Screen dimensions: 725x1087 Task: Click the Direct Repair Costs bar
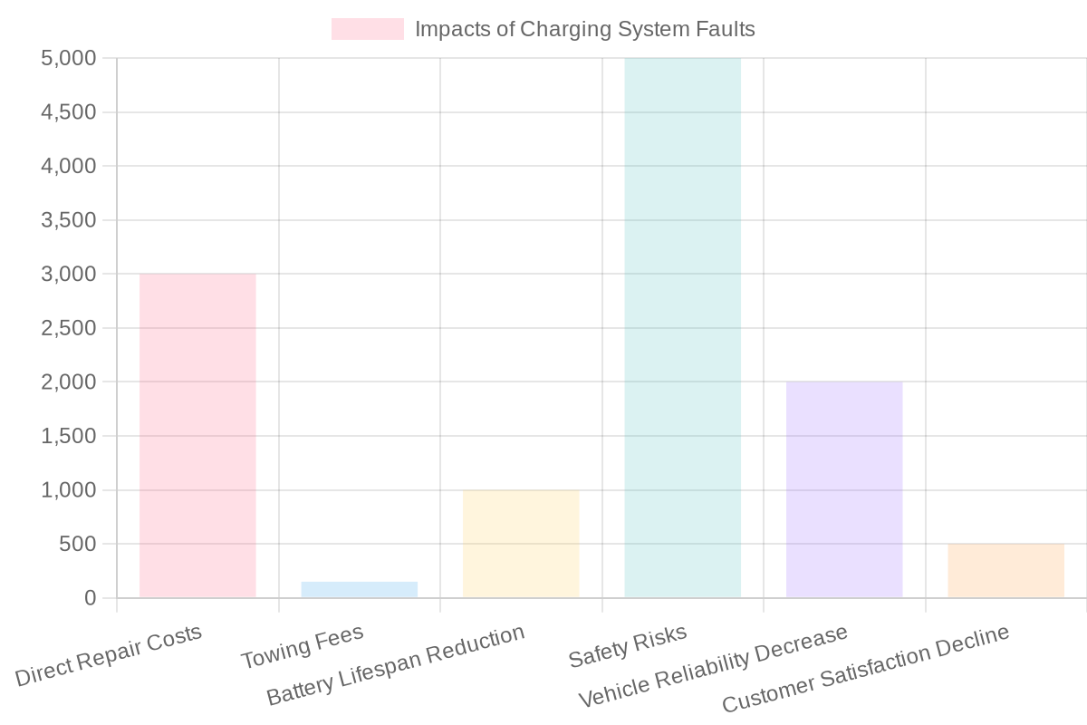[x=197, y=435]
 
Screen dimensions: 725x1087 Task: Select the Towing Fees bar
[x=359, y=590]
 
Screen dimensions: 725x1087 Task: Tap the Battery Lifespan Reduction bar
[x=521, y=544]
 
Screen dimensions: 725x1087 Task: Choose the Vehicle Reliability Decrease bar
[x=844, y=489]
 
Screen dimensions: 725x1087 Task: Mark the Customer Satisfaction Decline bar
[x=1005, y=571]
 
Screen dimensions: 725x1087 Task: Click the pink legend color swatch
[x=367, y=29]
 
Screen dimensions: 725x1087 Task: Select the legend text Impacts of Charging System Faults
[x=584, y=29]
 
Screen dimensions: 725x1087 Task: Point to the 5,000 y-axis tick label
[x=69, y=59]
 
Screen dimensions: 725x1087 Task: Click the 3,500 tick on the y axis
[x=69, y=220]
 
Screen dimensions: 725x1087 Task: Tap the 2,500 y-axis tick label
[x=69, y=328]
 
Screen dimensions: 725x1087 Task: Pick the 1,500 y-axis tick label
[x=69, y=436]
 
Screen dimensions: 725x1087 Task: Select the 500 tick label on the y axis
[x=78, y=544]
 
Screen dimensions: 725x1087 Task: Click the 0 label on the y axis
[x=90, y=598]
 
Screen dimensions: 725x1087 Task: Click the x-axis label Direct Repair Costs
[x=109, y=654]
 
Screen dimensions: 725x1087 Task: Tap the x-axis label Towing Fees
[x=302, y=647]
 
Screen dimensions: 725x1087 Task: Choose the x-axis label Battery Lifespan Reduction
[x=395, y=665]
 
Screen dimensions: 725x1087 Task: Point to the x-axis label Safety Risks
[x=627, y=645]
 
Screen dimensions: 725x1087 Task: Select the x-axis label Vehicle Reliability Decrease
[x=712, y=667]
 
